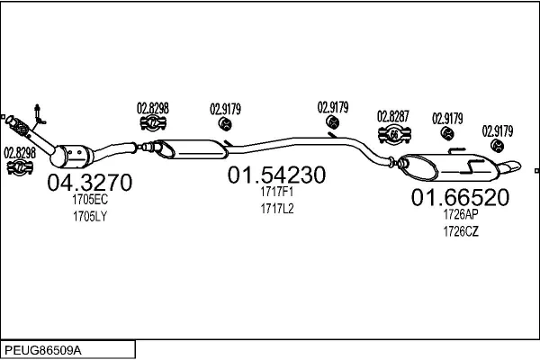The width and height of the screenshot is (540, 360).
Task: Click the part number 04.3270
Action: coord(89,184)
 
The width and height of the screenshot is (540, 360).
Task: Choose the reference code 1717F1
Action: coord(277,192)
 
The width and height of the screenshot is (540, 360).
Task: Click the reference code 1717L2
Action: coord(277,208)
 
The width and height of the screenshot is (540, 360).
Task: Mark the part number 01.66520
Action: coord(461,198)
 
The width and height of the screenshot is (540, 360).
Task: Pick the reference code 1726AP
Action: coord(460,215)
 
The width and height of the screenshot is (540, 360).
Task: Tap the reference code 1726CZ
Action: coord(460,231)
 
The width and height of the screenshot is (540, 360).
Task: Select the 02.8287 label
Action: coord(393,116)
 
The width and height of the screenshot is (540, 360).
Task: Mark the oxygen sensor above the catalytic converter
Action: coord(37,113)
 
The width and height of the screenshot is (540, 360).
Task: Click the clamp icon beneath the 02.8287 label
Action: coord(393,135)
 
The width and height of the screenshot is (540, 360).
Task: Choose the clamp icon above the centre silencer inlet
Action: coord(153,124)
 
